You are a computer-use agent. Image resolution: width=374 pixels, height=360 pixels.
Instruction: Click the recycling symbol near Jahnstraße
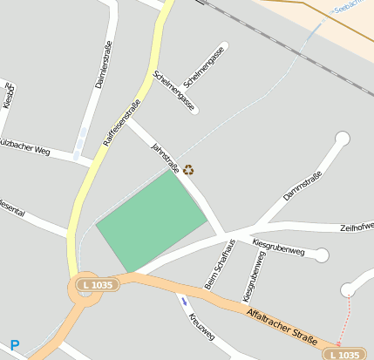point(187,170)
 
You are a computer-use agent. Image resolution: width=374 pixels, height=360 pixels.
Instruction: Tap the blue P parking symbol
point(14,345)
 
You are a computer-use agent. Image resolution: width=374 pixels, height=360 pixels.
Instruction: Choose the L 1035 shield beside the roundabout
point(96,285)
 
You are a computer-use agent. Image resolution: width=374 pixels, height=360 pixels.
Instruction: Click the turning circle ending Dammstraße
point(342,139)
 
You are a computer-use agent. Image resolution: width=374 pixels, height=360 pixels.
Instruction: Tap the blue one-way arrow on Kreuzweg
point(184,302)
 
